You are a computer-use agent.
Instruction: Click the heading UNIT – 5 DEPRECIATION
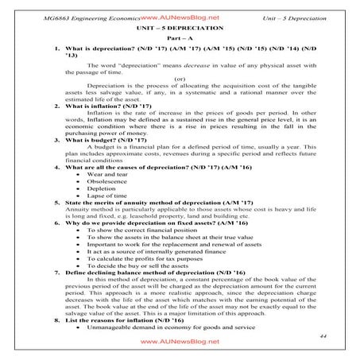tap(180, 27)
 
